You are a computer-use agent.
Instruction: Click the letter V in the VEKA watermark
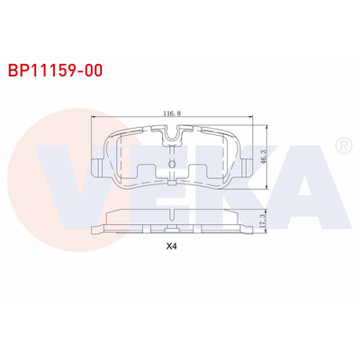[85, 180]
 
